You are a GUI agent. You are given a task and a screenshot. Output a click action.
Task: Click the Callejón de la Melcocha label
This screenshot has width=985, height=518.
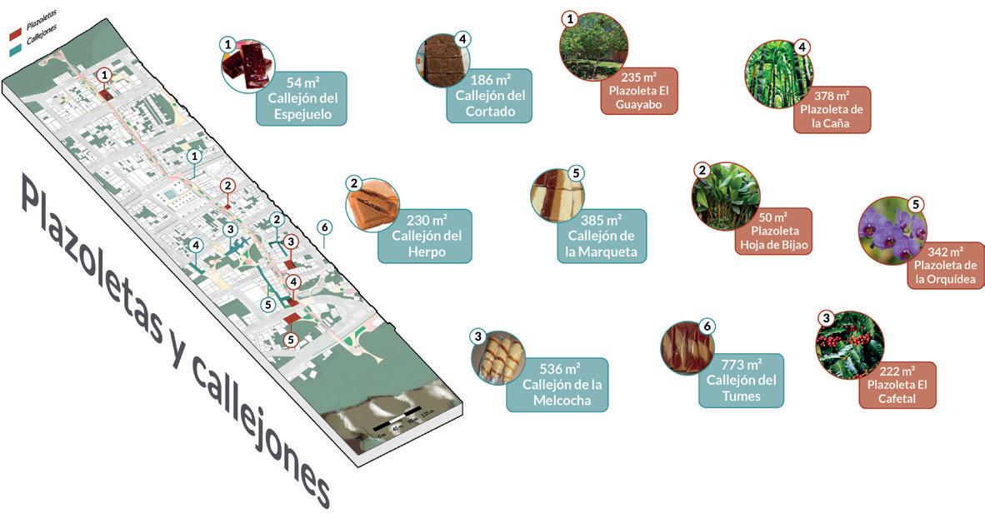coord(557,384)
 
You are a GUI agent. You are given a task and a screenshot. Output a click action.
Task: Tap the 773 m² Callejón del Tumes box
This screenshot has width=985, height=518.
coord(742,381)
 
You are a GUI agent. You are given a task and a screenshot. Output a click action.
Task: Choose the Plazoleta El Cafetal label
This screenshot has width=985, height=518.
coord(897,385)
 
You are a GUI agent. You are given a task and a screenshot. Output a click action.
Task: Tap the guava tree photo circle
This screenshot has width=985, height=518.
coord(592,47)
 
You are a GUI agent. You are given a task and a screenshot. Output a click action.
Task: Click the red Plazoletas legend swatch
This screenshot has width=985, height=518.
coord(15,34)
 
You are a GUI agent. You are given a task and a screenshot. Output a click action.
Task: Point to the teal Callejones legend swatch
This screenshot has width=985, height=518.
coord(15,47)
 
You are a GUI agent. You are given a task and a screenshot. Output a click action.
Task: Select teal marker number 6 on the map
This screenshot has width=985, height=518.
coord(325,227)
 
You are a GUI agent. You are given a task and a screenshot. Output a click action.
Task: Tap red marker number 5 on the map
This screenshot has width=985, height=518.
coord(290,339)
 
